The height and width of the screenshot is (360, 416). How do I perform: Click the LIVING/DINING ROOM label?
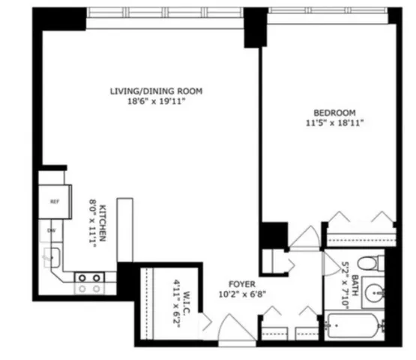pyautogui.click(x=157, y=91)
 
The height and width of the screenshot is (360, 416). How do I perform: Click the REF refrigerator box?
pyautogui.click(x=55, y=202)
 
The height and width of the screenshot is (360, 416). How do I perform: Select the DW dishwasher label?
pyautogui.click(x=52, y=229)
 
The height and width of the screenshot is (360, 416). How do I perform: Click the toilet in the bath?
pyautogui.click(x=369, y=263)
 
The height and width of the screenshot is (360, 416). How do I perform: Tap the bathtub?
pyautogui.click(x=352, y=328)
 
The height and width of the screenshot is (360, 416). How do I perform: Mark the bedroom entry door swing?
pyautogui.click(x=305, y=238)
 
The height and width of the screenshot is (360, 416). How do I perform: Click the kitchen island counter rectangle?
pyautogui.click(x=125, y=229)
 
